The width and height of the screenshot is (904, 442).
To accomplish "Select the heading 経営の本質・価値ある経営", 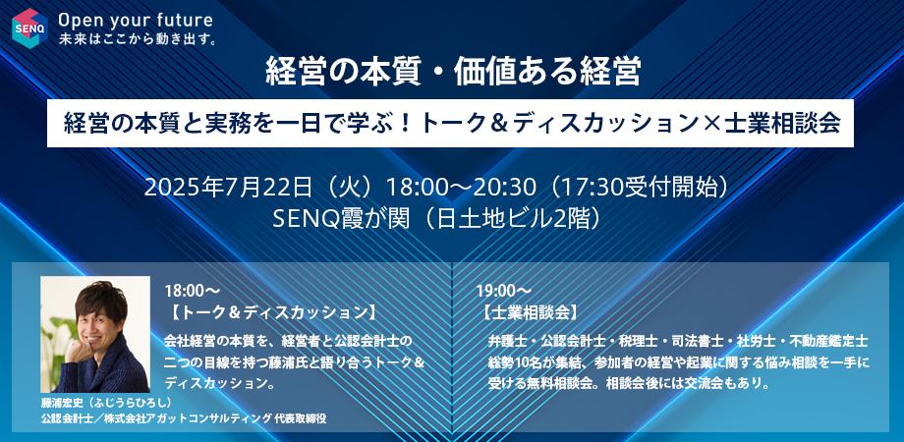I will coord(453,74).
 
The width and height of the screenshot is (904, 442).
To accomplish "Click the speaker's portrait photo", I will coord(94,334).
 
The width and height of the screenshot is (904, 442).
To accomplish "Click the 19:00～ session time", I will coord(503,292).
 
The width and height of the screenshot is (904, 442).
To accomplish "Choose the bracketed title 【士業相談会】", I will coord(531,314).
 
